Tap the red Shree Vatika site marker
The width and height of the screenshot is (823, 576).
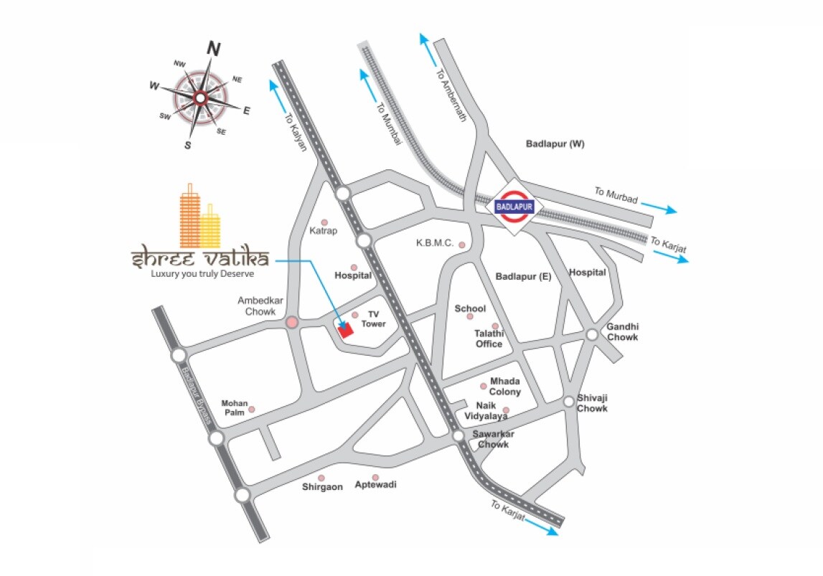coord(346,331)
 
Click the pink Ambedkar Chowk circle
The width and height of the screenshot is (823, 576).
coord(292,324)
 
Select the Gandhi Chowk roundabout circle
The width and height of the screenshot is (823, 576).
coord(592,334)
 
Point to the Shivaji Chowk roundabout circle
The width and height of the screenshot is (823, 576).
coord(569,402)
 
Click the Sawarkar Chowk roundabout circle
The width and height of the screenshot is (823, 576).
coord(458,436)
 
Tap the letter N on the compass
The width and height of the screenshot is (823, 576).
coord(213,49)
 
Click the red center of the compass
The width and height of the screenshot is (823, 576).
coord(200,98)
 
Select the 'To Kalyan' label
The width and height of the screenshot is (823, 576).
coord(296,133)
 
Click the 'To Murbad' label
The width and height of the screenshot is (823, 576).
coord(616,196)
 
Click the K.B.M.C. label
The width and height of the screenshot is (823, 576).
coord(435,243)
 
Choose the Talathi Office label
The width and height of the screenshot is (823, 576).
coord(489,339)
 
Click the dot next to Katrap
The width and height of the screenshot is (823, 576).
coord(324,222)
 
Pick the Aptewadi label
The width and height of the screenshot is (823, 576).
coord(375,485)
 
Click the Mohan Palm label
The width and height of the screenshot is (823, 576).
coord(234,407)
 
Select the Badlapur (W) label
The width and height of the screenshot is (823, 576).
coord(555,144)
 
